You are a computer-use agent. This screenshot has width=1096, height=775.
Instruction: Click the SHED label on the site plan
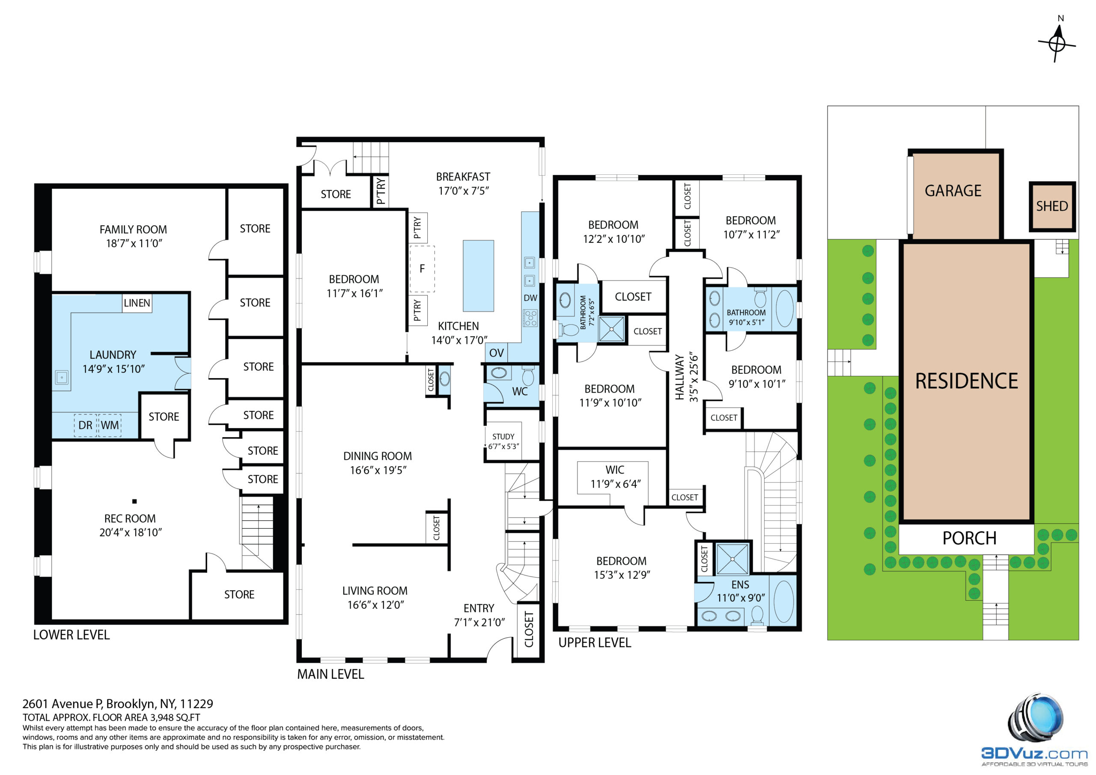[x=1052, y=206]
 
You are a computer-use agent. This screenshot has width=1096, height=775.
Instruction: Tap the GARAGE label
[x=953, y=191]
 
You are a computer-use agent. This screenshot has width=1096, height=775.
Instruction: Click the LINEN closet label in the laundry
[x=137, y=303]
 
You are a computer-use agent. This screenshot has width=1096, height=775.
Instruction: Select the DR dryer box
[x=86, y=425]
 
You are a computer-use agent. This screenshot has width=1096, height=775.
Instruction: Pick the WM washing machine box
[x=110, y=425]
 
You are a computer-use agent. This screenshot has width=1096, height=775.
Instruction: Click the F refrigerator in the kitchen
[x=422, y=269]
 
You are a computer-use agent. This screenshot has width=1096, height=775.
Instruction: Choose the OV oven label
[x=497, y=353]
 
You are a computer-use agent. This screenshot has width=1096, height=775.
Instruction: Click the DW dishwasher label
[x=530, y=298]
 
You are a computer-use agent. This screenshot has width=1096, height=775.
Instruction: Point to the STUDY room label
[x=503, y=436]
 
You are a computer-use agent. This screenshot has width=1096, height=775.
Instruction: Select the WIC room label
[x=615, y=470]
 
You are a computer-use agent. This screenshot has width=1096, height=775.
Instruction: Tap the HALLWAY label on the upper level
[x=680, y=378]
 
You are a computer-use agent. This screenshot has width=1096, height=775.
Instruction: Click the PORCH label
[x=970, y=539]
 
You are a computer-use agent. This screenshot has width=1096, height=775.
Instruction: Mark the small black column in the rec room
[x=134, y=501]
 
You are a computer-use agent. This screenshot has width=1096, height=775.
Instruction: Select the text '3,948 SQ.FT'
[x=175, y=717]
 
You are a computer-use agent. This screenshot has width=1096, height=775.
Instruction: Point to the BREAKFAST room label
[x=463, y=177]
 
